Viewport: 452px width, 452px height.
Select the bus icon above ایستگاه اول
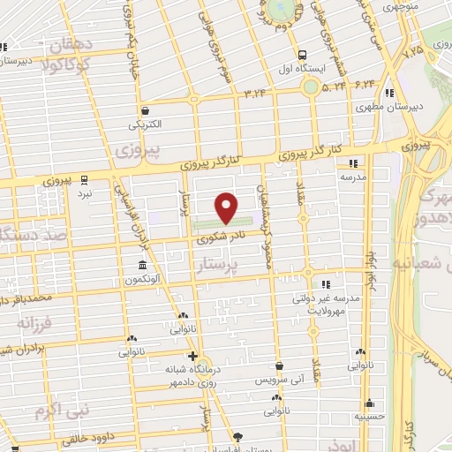pyautogui.click(x=303, y=52)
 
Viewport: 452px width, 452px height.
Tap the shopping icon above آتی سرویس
pyautogui.click(x=279, y=365)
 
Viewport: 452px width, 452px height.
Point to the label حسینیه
pyautogui.click(x=370, y=416)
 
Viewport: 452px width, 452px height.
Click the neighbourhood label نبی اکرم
pyautogui.click(x=58, y=411)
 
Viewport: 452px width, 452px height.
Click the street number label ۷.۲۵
pyautogui.click(x=413, y=51)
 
